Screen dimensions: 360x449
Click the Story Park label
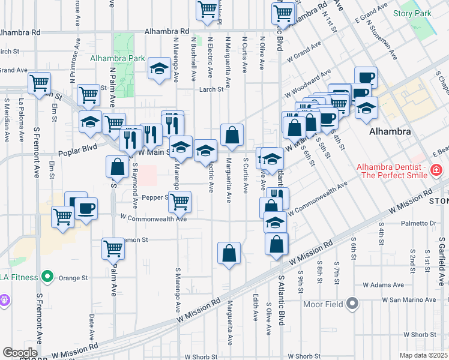412,13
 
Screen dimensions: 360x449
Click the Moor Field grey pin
352,304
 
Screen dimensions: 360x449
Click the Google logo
19,353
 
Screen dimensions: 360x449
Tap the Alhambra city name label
390,131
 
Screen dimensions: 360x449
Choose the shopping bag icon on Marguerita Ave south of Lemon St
229,253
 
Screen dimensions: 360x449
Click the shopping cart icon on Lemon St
113,248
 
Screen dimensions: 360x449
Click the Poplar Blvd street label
77,153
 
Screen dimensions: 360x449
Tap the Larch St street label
212,90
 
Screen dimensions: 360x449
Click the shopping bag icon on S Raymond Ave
117,167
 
